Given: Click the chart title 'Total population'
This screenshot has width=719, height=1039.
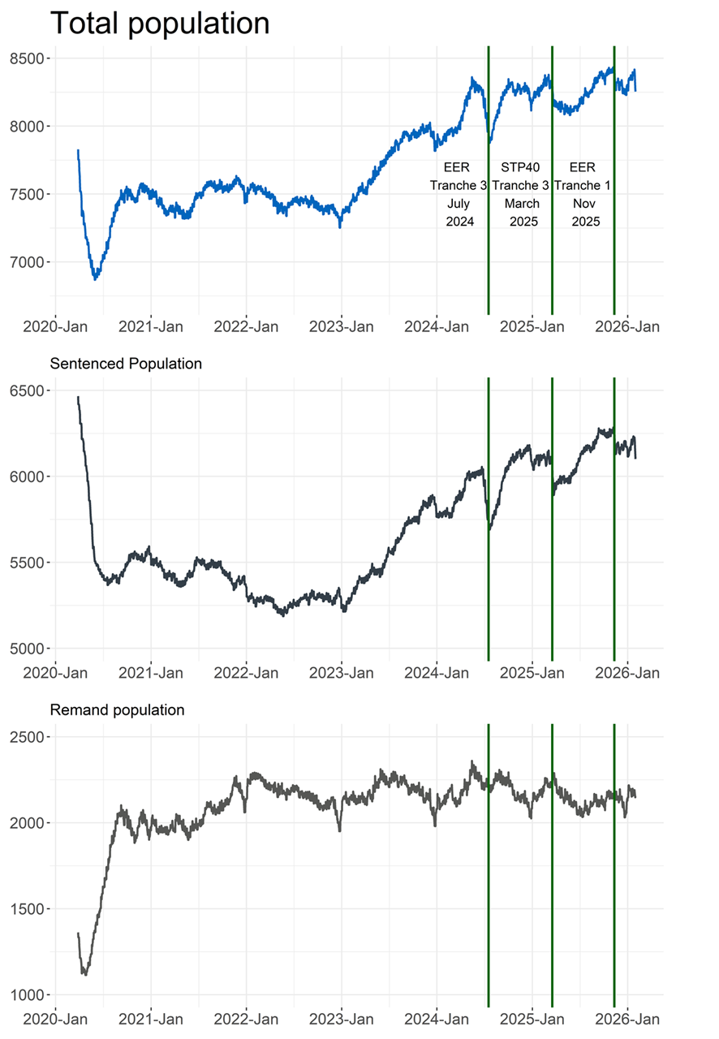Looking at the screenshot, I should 160,23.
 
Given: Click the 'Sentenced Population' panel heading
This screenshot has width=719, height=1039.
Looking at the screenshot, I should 126,364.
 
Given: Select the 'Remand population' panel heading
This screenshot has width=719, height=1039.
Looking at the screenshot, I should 117,710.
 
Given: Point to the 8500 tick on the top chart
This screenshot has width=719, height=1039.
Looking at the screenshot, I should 32,58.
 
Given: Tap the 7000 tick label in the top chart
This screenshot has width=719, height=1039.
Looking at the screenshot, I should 32,262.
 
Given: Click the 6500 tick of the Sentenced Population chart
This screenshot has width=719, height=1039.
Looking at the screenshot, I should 32,390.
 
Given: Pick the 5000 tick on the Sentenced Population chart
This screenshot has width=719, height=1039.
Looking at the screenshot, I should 32,649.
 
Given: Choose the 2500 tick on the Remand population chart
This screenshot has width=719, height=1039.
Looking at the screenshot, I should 32,737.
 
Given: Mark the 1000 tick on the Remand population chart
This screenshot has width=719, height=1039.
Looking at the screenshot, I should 32,995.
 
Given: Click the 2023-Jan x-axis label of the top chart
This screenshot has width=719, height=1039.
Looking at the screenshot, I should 342,327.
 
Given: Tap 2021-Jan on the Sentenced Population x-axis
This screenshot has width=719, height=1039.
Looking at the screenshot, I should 151,674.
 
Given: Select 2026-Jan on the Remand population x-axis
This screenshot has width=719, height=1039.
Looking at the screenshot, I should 626,1019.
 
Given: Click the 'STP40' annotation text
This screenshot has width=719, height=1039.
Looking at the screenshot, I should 520,167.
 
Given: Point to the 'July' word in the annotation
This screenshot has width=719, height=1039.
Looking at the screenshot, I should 458,203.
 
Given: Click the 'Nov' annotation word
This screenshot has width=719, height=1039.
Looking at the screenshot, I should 582,203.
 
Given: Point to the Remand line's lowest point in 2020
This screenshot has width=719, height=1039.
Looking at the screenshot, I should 84,973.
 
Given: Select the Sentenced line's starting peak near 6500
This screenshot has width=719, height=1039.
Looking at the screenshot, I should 78,398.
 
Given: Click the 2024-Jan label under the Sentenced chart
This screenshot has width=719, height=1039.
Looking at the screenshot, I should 437,674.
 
